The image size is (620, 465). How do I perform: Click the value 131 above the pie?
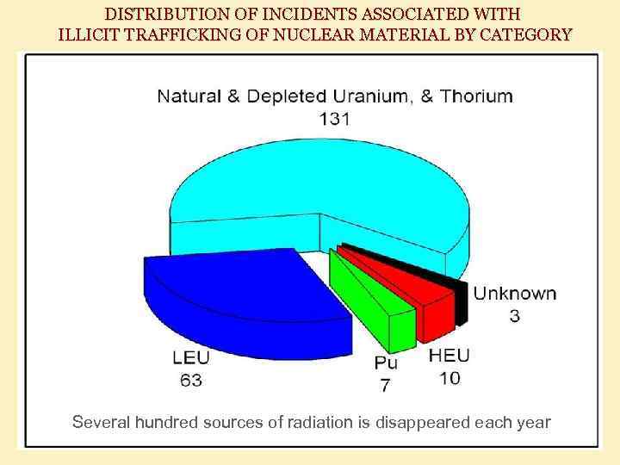[334, 119]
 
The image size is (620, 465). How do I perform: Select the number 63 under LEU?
[190, 379]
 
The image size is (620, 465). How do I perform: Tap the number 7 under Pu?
[385, 385]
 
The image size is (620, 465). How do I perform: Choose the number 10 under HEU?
[449, 378]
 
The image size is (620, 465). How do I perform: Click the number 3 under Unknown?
[514, 316]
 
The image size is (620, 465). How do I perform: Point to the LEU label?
[190, 357]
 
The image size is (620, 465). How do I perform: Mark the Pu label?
[385, 363]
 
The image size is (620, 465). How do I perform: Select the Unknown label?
[514, 294]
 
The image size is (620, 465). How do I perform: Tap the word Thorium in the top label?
[476, 96]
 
